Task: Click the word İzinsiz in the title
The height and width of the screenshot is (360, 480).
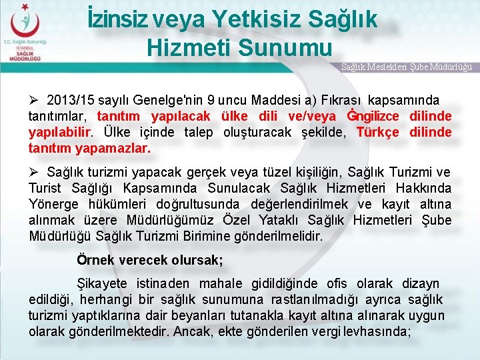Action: click(118, 19)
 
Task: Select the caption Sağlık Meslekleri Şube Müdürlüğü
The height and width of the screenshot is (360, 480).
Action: click(407, 67)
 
